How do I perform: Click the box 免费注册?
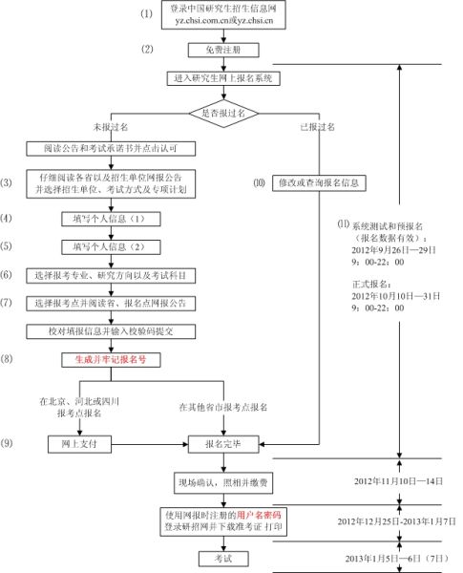pos(223,49)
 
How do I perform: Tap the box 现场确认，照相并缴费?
pos(223,480)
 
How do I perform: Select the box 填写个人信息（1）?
pos(113,218)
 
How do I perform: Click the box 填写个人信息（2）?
pos(113,246)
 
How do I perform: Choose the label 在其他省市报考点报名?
pos(223,408)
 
